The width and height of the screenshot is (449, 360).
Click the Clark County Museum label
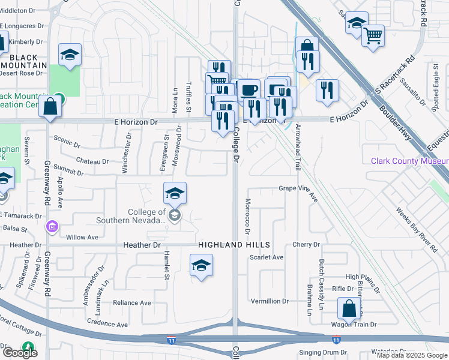[409, 161]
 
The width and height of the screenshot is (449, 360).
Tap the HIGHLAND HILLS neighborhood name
[234, 245]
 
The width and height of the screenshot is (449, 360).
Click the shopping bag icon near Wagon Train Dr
[349, 309]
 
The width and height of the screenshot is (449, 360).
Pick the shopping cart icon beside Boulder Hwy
[373, 35]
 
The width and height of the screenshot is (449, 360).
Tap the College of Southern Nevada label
[146, 216]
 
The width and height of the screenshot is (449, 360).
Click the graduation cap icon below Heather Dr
[201, 266]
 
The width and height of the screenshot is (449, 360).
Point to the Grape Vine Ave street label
[298, 188]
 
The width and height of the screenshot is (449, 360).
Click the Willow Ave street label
[82, 237]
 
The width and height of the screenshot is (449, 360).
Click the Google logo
[20, 353]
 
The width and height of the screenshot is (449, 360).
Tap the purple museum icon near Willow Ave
[52, 226]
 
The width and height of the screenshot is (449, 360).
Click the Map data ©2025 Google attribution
[411, 355]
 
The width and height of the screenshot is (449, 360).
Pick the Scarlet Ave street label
[266, 257]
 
